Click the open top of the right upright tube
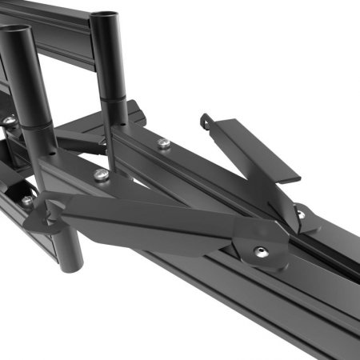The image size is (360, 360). tap(105, 15)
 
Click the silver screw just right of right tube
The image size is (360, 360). tap(163, 143)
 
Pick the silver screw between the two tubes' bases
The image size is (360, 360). tap(100, 174)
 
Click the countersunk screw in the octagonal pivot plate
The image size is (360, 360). tap(260, 251)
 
